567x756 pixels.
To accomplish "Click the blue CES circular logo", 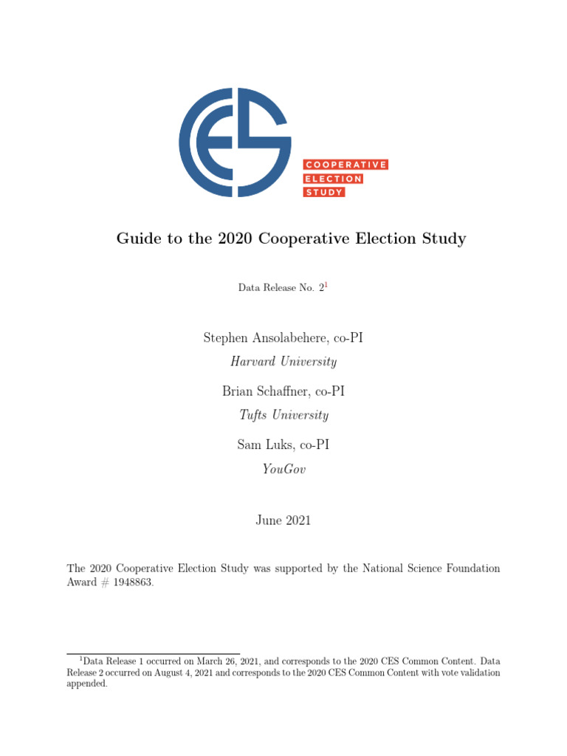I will click(x=234, y=142).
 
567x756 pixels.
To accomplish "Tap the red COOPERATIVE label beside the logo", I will click(x=346, y=165).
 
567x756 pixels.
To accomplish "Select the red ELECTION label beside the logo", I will click(x=333, y=179).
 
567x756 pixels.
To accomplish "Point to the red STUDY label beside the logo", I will click(x=324, y=192).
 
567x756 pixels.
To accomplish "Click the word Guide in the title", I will click(x=135, y=238).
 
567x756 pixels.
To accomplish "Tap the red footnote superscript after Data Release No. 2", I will click(x=326, y=285).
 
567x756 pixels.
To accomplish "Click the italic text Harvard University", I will click(x=283, y=362).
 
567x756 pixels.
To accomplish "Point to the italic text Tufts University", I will click(x=283, y=415).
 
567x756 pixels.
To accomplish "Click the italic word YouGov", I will click(x=283, y=468).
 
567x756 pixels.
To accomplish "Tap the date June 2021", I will click(x=283, y=520).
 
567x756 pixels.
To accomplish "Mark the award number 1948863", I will click(x=133, y=582).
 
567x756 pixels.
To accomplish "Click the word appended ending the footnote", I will click(x=87, y=684).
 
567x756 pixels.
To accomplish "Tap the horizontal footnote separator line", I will click(x=154, y=653).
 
